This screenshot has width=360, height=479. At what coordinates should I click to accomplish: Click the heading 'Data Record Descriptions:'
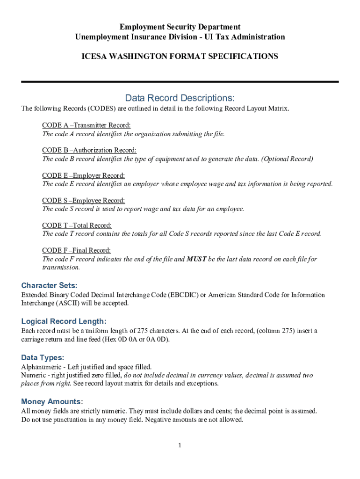(x=180, y=98)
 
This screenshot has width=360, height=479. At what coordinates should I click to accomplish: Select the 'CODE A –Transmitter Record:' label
(x=86, y=125)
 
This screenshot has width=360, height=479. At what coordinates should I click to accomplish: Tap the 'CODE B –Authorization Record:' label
(x=89, y=150)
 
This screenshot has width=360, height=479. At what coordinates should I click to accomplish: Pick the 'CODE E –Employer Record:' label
(x=84, y=175)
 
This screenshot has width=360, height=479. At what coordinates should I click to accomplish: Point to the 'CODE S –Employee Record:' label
(x=84, y=201)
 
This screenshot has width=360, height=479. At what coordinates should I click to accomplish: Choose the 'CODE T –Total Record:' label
(x=77, y=225)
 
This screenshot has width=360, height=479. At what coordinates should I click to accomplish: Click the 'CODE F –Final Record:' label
(x=77, y=251)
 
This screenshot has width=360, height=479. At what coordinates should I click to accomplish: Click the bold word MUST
(x=196, y=259)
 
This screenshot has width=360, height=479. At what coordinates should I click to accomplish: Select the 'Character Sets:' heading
(x=50, y=285)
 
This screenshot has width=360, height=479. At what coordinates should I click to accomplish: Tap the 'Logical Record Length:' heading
(x=64, y=321)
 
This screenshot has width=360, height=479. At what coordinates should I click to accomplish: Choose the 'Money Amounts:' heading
(x=52, y=401)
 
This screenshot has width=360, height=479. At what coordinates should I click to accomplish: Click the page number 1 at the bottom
(x=180, y=446)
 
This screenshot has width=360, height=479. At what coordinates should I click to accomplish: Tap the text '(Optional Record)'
(x=287, y=159)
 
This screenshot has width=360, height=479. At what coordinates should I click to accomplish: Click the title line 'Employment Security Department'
(x=180, y=27)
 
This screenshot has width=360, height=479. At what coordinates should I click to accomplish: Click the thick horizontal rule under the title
(x=180, y=82)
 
